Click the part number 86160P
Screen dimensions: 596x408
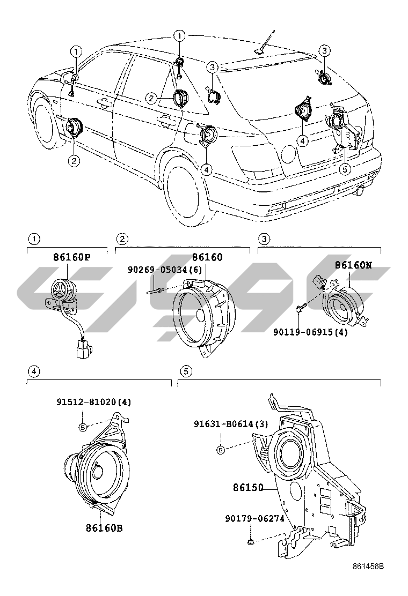pos(71,257)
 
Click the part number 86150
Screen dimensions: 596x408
pos(248,488)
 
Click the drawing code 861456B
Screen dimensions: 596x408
pos(368,567)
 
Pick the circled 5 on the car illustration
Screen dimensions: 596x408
pos(346,168)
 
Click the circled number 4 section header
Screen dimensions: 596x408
pos(34,370)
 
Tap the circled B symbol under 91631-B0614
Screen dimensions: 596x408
pos(221,449)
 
